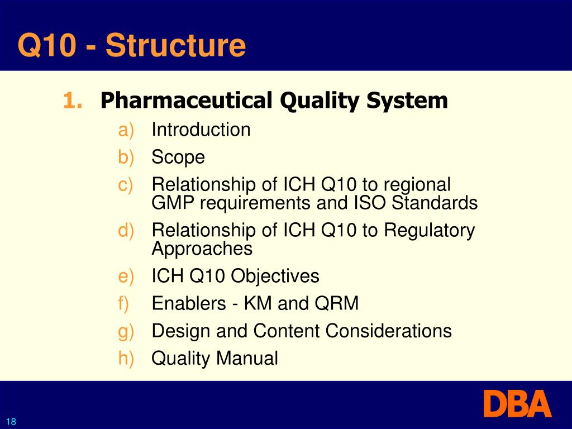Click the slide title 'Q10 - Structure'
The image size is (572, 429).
pyautogui.click(x=131, y=45)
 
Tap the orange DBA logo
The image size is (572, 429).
pyautogui.click(x=517, y=404)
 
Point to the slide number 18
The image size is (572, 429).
pyautogui.click(x=11, y=422)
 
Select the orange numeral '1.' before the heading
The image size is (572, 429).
pyautogui.click(x=73, y=101)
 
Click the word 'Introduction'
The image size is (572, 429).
pyautogui.click(x=201, y=130)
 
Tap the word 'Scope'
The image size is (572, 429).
pyautogui.click(x=178, y=158)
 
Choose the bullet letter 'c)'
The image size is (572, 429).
pyautogui.click(x=126, y=185)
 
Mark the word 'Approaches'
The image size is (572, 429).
pyautogui.click(x=202, y=249)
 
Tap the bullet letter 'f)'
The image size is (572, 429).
pyautogui.click(x=123, y=303)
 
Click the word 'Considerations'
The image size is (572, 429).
pyautogui.click(x=389, y=331)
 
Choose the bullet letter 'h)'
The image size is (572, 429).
pyautogui.click(x=126, y=358)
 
